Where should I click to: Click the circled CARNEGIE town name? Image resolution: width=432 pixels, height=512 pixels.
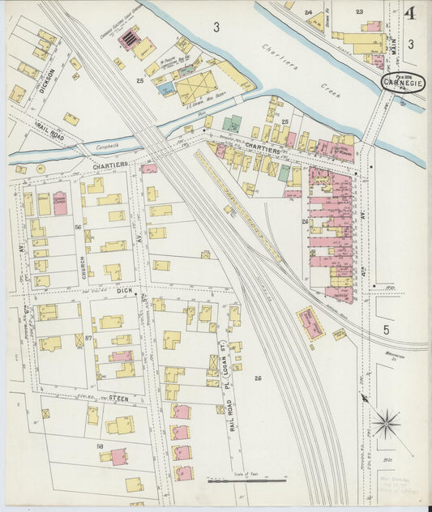(x=404, y=83)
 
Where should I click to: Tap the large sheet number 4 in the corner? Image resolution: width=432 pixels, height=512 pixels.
(x=410, y=14)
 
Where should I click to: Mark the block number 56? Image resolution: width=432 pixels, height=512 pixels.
(x=78, y=228)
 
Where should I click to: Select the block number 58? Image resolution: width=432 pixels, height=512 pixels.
(x=100, y=445)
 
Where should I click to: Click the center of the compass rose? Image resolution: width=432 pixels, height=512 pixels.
(x=387, y=421)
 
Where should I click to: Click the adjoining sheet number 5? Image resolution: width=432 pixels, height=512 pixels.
(x=386, y=330)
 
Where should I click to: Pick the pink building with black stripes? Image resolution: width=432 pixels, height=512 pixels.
(x=128, y=38)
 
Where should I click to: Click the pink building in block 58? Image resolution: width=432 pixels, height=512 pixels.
(x=118, y=456)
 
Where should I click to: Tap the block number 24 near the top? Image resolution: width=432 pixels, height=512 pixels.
(x=308, y=12)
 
